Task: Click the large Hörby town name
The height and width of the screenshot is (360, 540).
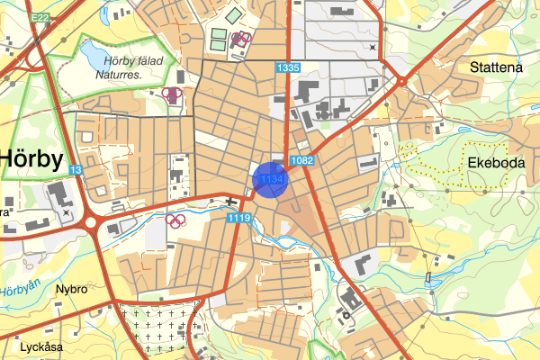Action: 31,159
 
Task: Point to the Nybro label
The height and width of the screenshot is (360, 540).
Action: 71,290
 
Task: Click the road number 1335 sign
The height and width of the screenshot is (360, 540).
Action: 288,67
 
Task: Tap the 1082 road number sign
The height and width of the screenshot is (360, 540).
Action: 302,160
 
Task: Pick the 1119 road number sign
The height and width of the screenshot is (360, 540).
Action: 239,217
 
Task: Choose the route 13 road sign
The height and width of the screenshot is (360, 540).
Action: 76,169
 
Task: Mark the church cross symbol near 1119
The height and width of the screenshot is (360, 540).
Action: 232,202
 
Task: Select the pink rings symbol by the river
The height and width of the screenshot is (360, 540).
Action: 176,220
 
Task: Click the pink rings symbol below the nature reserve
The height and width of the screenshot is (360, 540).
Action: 172,93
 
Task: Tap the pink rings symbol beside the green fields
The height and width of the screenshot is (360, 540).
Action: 240,38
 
